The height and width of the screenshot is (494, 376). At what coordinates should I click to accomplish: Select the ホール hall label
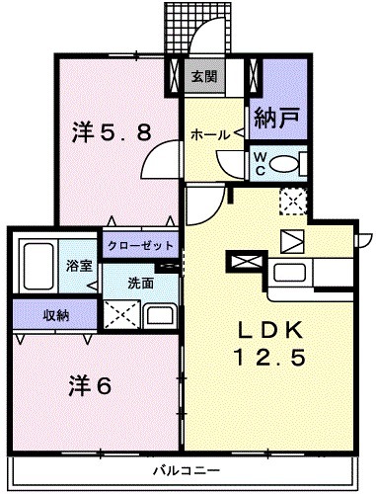(x=204, y=134)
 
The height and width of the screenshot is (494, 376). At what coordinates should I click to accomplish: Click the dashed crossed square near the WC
(x=293, y=201)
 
